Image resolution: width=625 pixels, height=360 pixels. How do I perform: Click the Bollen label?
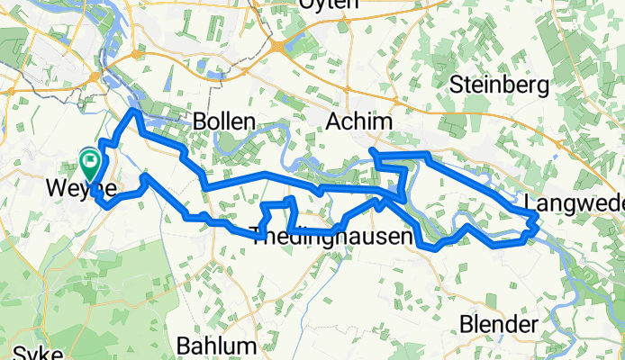[x=224, y=121]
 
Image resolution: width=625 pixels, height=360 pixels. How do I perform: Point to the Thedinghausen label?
[x=334, y=238]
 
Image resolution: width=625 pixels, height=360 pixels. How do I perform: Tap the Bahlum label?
[x=216, y=345]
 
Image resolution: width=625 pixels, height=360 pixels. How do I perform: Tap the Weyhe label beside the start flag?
[x=81, y=190]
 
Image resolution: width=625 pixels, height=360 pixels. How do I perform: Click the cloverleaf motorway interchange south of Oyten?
[x=278, y=45]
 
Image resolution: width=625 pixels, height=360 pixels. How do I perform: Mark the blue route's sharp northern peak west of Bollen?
[x=134, y=111]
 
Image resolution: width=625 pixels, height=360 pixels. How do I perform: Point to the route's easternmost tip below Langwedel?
[x=538, y=219]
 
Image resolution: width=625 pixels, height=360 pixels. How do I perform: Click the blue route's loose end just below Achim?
[x=372, y=149]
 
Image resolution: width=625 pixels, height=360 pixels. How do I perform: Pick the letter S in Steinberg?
[x=456, y=86]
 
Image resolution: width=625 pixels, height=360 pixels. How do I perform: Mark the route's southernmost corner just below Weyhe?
[x=108, y=206]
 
